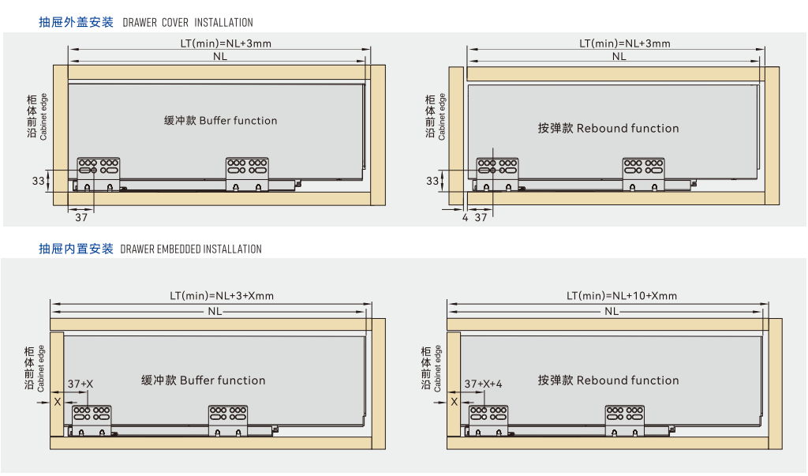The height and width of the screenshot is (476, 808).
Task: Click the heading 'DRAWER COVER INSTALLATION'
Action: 188,23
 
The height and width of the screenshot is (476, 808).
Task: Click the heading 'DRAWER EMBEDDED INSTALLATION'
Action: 191,249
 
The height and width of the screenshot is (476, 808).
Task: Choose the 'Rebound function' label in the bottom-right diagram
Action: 608,380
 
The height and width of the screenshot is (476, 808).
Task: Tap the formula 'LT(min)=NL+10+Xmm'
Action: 622,296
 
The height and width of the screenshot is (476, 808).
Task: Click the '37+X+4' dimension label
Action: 483,384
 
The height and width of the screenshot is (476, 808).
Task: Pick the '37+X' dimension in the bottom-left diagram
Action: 80,384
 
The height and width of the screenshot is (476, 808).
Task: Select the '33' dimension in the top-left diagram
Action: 38,181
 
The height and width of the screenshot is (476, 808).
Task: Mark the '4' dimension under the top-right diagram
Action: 465,216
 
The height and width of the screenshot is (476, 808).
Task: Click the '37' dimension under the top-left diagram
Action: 81,216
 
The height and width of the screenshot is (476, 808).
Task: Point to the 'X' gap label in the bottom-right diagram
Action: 454,401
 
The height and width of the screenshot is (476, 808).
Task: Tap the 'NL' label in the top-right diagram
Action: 619,57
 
